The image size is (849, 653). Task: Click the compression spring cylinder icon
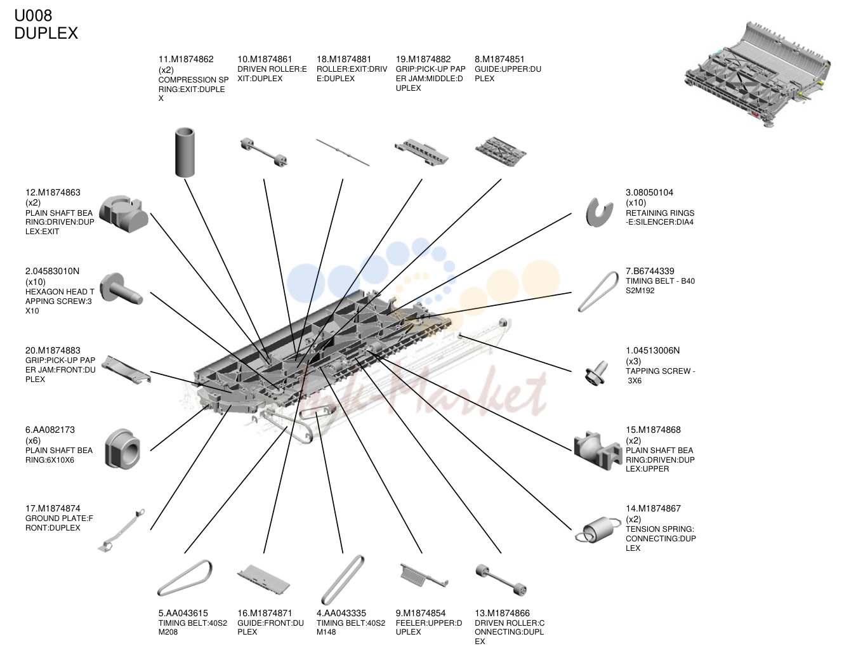click(185, 152)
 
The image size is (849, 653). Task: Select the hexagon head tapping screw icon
click(121, 289)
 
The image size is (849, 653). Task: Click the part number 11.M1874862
click(186, 60)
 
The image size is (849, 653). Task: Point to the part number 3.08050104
click(649, 192)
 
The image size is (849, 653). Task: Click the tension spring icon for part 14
click(597, 530)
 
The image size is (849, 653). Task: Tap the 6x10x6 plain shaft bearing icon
click(122, 449)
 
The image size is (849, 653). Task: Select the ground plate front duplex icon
click(121, 531)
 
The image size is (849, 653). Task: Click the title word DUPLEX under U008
click(46, 33)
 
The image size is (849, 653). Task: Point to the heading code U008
click(33, 16)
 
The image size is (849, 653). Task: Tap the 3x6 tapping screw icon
click(596, 373)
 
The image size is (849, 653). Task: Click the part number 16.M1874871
click(265, 613)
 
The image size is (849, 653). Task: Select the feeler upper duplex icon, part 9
click(425, 575)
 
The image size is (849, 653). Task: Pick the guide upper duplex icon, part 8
click(501, 152)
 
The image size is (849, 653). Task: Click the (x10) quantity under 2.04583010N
click(36, 282)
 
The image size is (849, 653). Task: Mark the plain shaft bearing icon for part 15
click(598, 450)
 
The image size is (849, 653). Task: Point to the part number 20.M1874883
click(53, 351)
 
